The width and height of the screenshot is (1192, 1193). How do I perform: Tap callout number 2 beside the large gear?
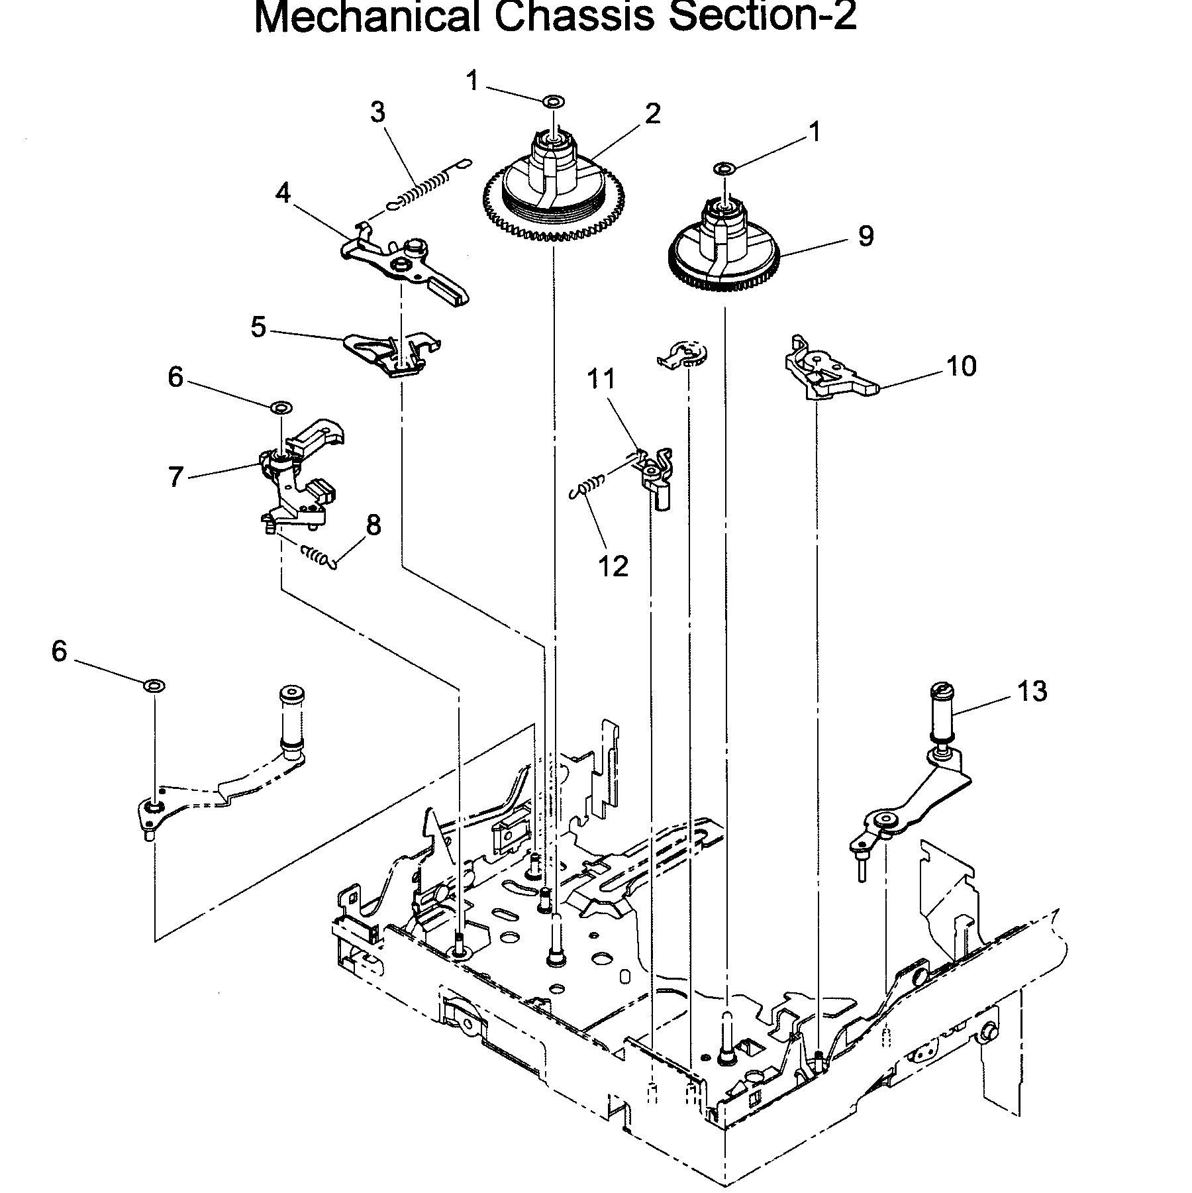(x=652, y=114)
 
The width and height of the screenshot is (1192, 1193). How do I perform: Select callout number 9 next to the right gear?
(x=866, y=236)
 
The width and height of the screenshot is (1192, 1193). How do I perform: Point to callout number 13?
(x=1032, y=691)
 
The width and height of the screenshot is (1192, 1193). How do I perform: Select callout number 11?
(x=601, y=380)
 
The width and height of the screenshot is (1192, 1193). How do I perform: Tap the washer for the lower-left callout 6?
(x=154, y=684)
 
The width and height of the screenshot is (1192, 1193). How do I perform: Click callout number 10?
(x=962, y=366)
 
